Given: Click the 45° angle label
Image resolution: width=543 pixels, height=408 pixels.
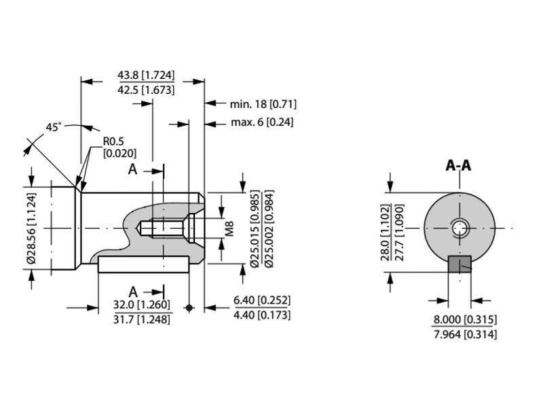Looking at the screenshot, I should (x=54, y=127).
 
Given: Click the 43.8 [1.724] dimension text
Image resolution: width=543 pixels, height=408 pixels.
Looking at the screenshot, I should (x=146, y=75).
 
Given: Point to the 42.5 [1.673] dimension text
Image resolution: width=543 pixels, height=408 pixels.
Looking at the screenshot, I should (x=146, y=90).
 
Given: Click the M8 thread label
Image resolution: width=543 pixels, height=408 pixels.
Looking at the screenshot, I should (x=229, y=228).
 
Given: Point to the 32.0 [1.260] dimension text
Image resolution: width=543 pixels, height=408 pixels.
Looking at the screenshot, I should (x=142, y=304).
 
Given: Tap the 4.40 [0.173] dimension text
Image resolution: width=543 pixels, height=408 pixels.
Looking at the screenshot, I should (x=261, y=315).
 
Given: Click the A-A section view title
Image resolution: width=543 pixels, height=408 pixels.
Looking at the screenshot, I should (x=459, y=165).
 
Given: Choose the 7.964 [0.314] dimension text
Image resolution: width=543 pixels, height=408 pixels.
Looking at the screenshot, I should (x=465, y=334).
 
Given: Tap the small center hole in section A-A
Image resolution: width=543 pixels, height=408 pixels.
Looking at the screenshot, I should (x=460, y=228).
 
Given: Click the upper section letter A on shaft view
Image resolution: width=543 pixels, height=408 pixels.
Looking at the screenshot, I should (x=133, y=169).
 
